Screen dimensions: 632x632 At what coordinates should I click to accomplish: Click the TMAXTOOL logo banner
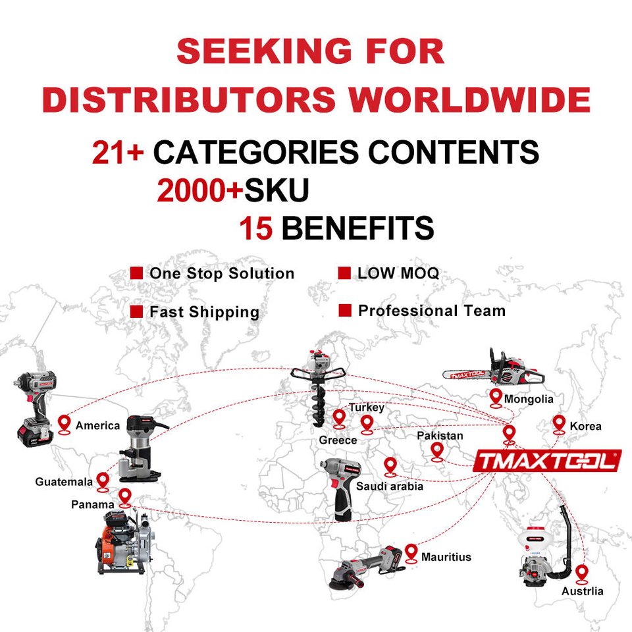click(x=547, y=461)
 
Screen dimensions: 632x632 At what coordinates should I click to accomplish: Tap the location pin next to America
click(x=64, y=423)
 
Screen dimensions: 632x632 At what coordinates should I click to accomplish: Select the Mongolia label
click(x=529, y=399)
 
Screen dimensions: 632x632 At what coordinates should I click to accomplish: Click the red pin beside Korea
click(x=559, y=423)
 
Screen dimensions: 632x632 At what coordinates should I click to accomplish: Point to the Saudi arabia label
click(x=390, y=487)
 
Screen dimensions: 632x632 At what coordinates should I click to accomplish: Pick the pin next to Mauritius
click(x=411, y=552)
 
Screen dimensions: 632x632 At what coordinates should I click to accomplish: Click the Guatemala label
click(x=64, y=482)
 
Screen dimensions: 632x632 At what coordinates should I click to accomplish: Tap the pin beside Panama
click(x=124, y=497)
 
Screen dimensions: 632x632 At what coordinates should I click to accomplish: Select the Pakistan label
click(x=440, y=436)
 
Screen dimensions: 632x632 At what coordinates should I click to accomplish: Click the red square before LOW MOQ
click(x=344, y=273)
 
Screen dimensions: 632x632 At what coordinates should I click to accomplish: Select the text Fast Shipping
click(x=204, y=312)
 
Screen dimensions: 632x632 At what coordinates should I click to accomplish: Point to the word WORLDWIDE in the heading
click(x=469, y=99)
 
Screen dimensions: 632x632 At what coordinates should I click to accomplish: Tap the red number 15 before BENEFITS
click(x=255, y=228)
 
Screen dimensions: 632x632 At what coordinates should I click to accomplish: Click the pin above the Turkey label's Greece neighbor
click(x=339, y=418)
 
